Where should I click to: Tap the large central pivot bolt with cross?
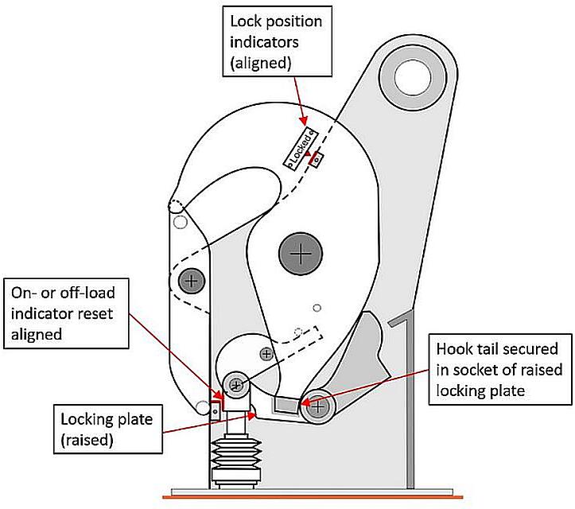pos(301,254)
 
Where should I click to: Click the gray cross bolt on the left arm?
pos(191,279)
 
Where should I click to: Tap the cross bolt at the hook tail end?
pos(319,406)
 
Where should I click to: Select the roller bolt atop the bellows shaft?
pos(236,386)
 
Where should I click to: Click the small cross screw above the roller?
pos(266,352)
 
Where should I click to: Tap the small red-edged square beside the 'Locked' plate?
pos(317,158)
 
